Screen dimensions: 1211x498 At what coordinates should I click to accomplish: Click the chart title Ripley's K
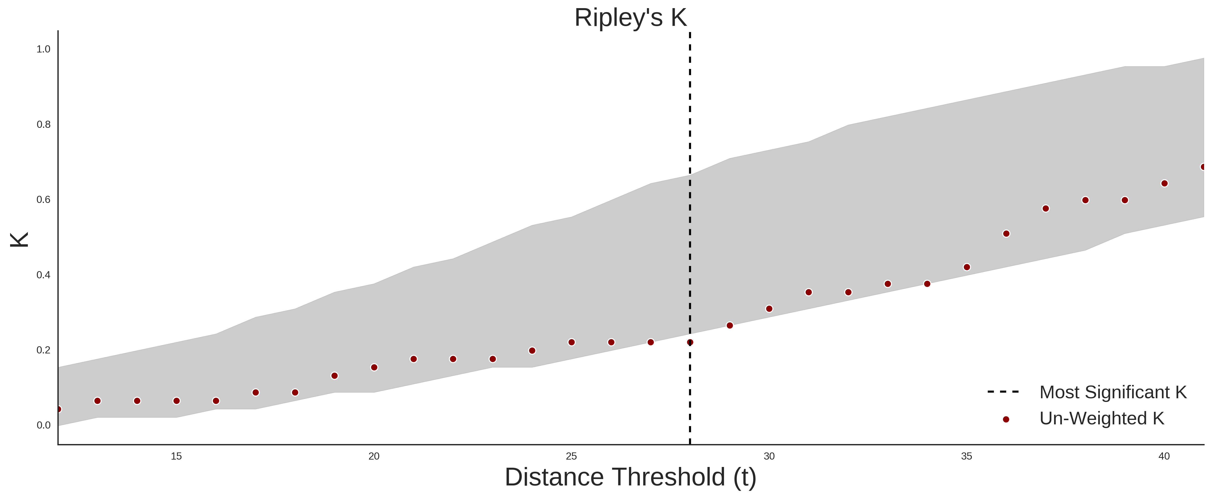coord(630,17)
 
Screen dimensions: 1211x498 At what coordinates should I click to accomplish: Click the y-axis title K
coord(19,240)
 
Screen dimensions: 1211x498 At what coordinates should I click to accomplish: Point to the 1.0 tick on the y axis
coord(43,49)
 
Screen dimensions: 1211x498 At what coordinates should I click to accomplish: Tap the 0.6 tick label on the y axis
coord(43,200)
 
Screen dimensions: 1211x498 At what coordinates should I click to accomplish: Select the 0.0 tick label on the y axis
coord(43,425)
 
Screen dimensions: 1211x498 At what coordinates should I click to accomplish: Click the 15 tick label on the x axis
coord(176,456)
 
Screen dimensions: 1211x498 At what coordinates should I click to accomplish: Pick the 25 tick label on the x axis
coord(571,456)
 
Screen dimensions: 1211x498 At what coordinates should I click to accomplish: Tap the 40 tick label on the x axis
coord(1164,456)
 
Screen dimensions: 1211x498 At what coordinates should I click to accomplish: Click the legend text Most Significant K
coord(1113,392)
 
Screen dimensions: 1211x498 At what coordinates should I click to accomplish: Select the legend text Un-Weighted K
coord(1102,418)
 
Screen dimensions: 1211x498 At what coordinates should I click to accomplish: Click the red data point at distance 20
coord(374,367)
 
